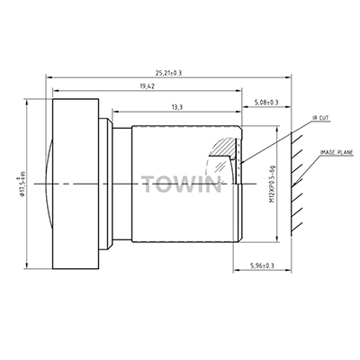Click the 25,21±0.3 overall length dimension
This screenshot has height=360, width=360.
coord(168,73)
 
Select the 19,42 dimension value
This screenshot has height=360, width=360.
coord(147,86)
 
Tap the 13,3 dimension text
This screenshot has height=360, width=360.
coord(177,107)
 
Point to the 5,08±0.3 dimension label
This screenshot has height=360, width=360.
coord(266,103)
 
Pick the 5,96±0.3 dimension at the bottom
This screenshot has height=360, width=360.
coord(262,265)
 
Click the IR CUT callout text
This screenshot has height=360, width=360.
coord(320,118)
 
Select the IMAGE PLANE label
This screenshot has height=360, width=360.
coord(337,152)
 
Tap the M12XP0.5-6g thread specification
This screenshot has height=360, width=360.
coord(273,185)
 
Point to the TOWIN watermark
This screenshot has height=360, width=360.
coord(182,184)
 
